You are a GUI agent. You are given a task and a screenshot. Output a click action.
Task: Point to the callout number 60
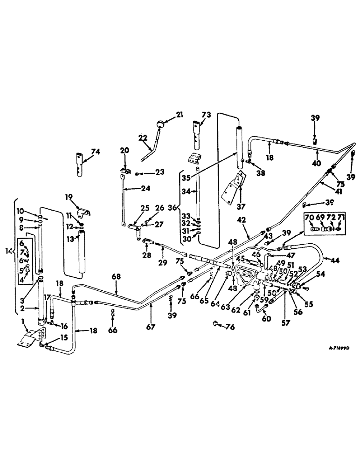(x=267, y=318)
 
